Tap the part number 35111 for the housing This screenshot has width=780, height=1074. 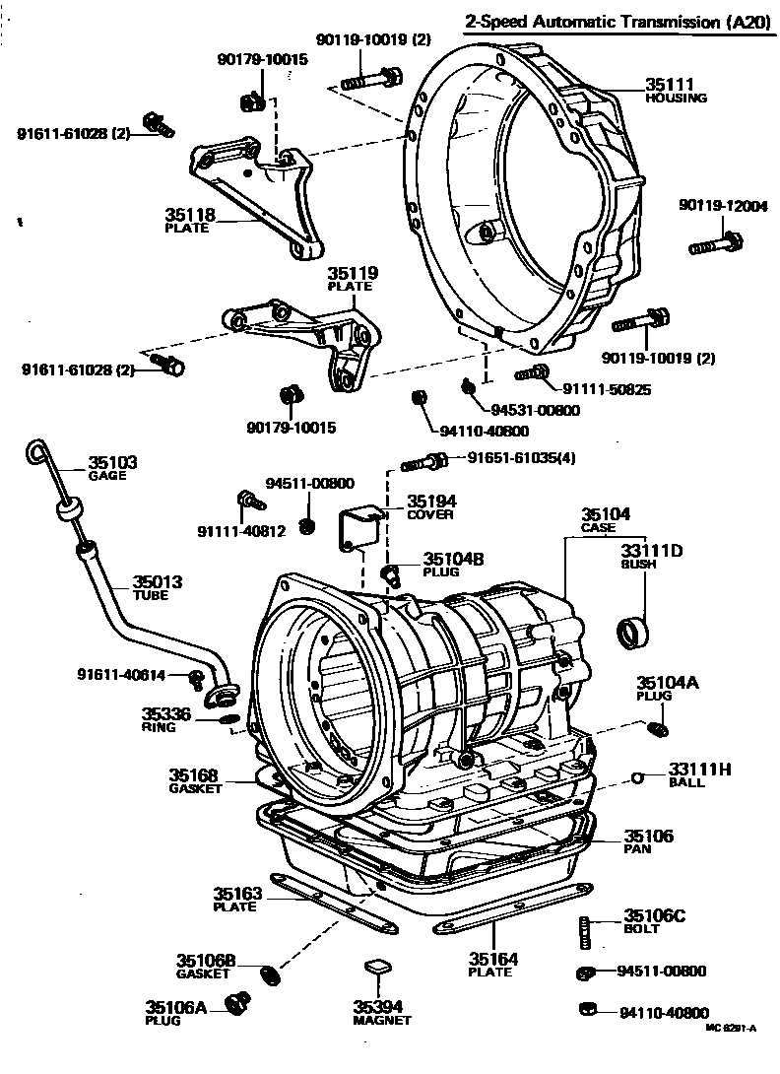click(x=669, y=86)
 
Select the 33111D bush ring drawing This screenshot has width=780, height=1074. click(x=633, y=630)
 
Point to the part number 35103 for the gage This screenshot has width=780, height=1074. click(x=112, y=462)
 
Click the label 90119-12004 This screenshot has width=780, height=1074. click(x=722, y=205)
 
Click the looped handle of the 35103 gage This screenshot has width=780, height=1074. click(x=36, y=452)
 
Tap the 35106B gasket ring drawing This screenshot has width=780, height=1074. click(x=265, y=975)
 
